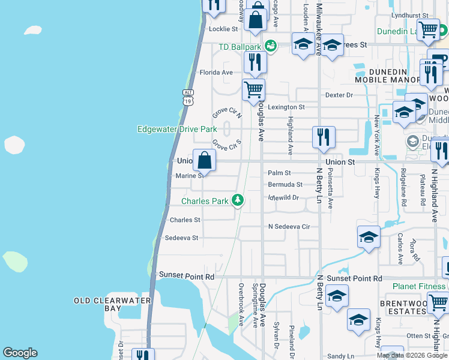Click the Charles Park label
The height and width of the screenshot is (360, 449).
pos(205,201)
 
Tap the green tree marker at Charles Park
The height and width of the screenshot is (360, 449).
pos(238,200)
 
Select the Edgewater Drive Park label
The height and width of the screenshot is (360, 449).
pos(176,129)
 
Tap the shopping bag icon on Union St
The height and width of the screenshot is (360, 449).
pos(204,160)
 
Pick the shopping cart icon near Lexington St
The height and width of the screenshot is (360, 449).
pos(254,90)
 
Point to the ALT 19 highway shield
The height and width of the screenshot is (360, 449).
pos(188,98)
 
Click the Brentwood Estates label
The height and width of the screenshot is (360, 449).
pos(403,308)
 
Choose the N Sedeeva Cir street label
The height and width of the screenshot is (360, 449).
pos(289,227)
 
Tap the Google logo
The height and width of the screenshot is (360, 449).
pos(20,353)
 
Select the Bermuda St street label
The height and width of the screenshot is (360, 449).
pos(285,184)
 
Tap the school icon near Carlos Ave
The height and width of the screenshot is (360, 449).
pos(369,236)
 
